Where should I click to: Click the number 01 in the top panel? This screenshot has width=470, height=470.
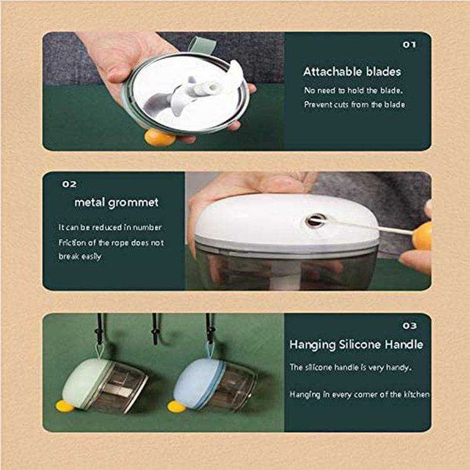tap(409, 45)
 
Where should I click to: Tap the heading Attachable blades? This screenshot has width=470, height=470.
tap(352, 71)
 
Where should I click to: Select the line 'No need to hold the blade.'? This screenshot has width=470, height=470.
tap(353, 90)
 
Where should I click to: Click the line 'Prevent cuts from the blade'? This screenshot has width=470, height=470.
tap(354, 104)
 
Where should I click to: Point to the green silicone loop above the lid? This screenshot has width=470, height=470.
tap(202, 45)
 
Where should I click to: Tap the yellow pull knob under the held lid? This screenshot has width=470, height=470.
tap(159, 138)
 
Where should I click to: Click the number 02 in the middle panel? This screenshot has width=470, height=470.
tap(69, 184)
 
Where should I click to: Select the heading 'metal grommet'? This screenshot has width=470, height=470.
tap(116, 203)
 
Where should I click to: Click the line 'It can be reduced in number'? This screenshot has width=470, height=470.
tap(110, 227)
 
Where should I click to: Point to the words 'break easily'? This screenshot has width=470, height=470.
tap(80, 256)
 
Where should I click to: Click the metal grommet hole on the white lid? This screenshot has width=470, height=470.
tap(316, 221)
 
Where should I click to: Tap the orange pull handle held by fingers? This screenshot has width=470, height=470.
tap(422, 236)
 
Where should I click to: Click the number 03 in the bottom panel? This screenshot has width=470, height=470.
tap(410, 326)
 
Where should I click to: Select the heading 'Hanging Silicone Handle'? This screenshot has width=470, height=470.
tap(356, 345)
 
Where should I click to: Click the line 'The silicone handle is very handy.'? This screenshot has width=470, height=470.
tap(350, 367)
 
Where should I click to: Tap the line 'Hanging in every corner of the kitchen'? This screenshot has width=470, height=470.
tap(359, 394)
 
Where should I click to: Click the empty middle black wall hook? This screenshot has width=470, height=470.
tap(155, 329)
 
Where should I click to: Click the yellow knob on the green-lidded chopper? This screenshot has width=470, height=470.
tap(65, 406)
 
